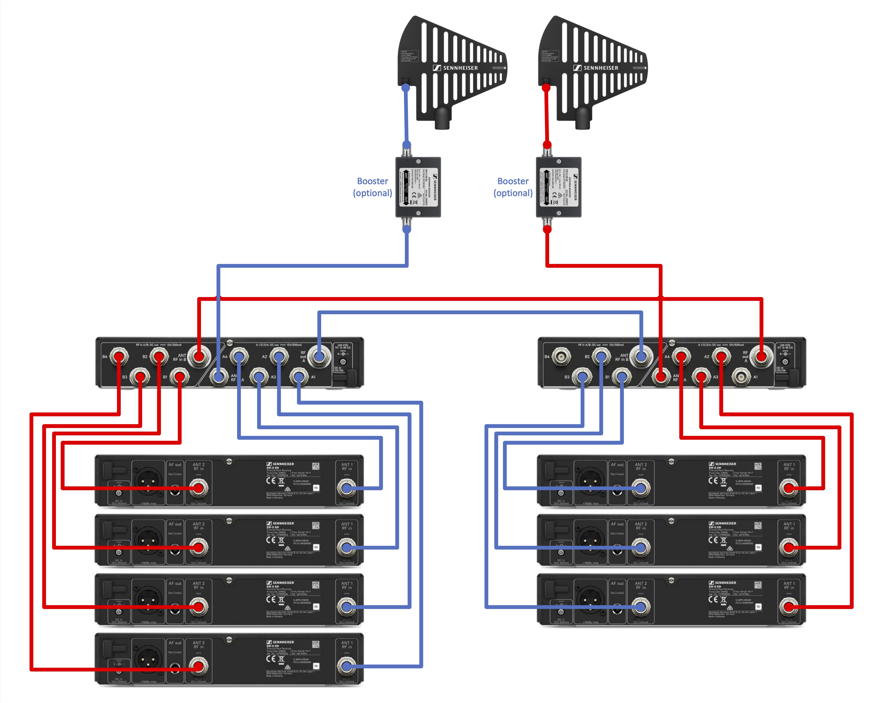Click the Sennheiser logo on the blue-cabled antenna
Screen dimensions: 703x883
click(x=456, y=68)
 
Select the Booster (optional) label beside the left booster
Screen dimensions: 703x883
click(x=372, y=187)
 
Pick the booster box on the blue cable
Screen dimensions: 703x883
click(x=418, y=187)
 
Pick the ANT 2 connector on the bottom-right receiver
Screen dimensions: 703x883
click(x=641, y=607)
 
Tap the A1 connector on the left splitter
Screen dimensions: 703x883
click(x=299, y=376)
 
